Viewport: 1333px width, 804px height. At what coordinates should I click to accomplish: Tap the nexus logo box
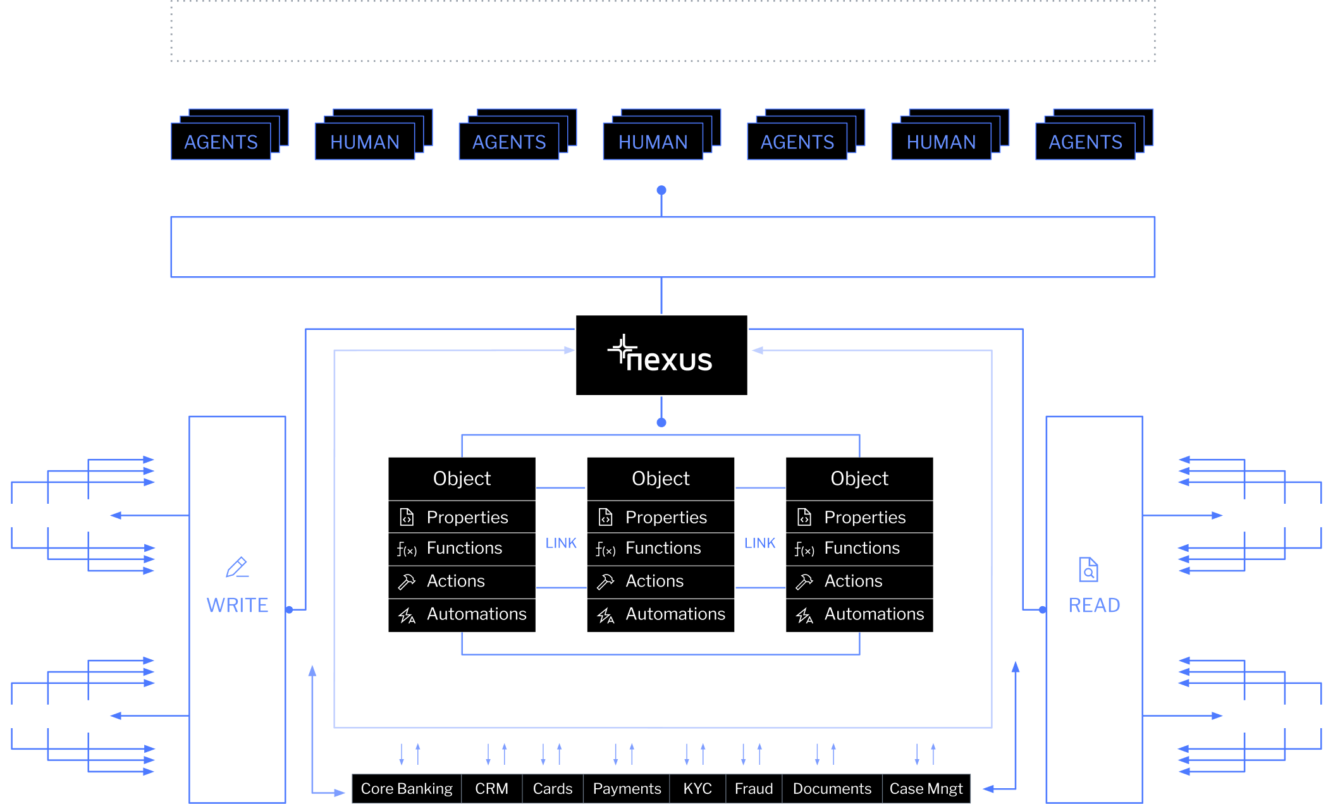[x=661, y=355]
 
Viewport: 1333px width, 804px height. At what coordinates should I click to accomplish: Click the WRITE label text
[x=237, y=606]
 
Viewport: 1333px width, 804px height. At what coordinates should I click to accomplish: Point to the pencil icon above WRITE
[x=237, y=567]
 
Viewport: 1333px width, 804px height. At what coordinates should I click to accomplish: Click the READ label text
[x=1094, y=606]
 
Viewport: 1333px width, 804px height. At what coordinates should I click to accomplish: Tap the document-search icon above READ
[x=1088, y=569]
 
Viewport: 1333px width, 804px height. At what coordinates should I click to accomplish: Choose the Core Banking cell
[x=407, y=789]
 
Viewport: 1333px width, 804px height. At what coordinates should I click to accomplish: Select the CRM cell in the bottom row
[x=491, y=789]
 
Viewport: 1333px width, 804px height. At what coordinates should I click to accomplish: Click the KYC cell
[x=697, y=789]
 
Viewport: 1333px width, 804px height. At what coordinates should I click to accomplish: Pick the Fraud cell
[x=754, y=789]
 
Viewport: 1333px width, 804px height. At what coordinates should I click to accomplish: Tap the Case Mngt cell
[x=926, y=789]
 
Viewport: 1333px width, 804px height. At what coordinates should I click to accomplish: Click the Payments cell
[x=627, y=789]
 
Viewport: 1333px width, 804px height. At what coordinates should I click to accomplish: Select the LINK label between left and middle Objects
[x=561, y=543]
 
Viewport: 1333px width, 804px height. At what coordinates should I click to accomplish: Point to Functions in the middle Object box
[x=663, y=548]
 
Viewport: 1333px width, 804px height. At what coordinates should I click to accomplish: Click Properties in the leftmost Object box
[x=467, y=518]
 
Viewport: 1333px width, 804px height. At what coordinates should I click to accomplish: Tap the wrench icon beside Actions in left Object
[x=407, y=582]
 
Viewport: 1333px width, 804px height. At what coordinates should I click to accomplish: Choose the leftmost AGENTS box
[x=221, y=142]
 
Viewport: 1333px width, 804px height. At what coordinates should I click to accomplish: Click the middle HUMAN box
[x=653, y=142]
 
